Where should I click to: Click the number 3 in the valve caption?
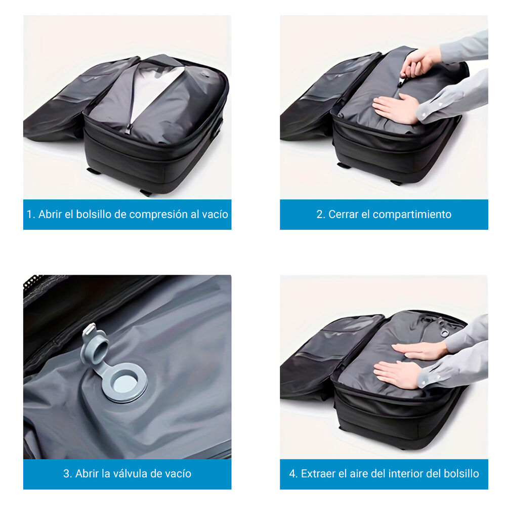66,474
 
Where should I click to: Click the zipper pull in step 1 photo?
128,129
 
